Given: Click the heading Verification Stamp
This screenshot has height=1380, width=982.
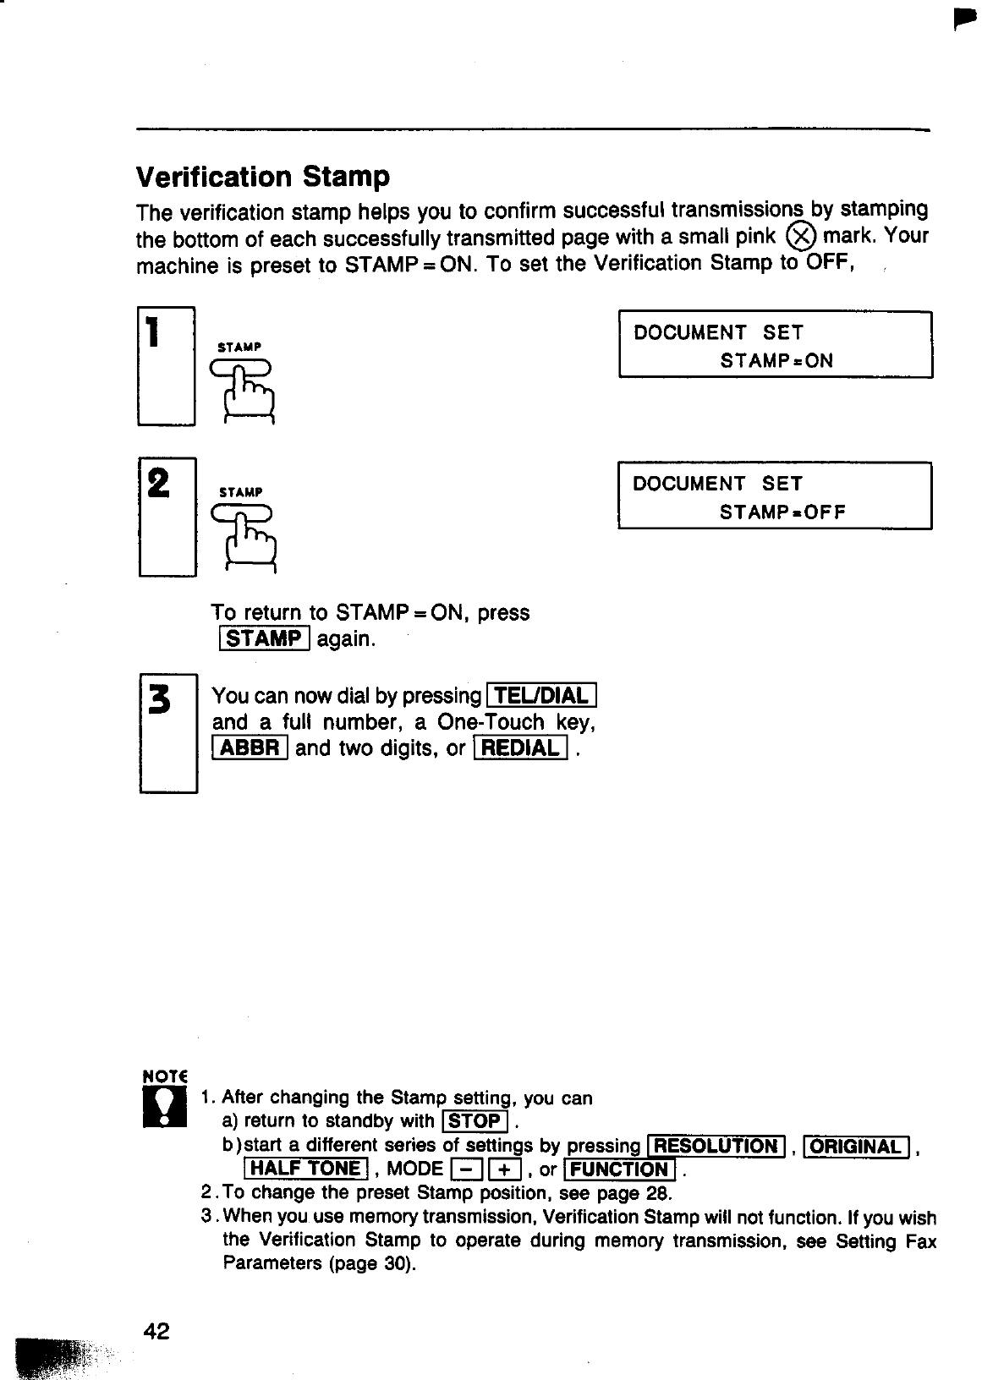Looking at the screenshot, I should (x=263, y=177).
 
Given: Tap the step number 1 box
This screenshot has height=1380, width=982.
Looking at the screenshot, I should (x=167, y=366).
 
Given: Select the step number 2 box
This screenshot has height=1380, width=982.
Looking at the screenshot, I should (x=167, y=515).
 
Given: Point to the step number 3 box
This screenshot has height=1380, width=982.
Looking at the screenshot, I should (x=168, y=732).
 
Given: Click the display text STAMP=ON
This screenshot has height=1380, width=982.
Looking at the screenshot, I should (x=776, y=361).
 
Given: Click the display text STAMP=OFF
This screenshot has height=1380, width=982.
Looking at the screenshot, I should (x=782, y=512).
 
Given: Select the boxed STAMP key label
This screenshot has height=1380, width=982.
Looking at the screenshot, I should (x=264, y=638).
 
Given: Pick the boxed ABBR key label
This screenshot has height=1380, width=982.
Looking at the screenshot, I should (x=250, y=748).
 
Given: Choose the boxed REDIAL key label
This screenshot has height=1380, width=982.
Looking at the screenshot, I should (x=520, y=748).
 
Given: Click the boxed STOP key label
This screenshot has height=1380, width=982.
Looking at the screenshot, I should (x=475, y=1122).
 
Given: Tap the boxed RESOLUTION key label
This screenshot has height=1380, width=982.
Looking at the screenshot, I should (x=716, y=1147).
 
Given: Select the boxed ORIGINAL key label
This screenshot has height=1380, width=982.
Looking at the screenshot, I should (x=856, y=1147).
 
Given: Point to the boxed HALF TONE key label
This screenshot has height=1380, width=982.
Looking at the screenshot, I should (x=306, y=1169).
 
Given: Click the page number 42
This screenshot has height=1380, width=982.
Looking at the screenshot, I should (x=157, y=1332).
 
